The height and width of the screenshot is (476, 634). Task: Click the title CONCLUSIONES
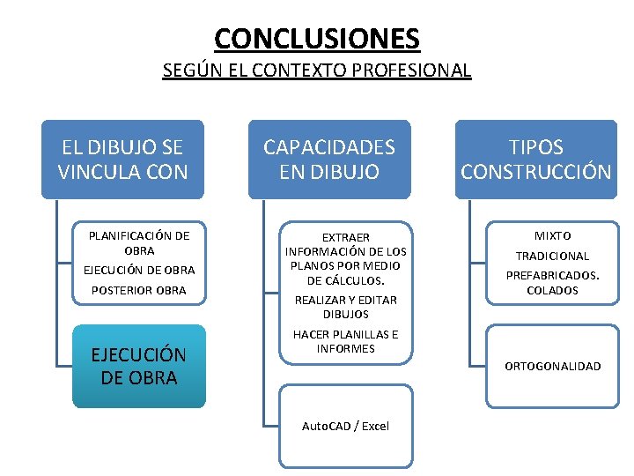pos(317,39)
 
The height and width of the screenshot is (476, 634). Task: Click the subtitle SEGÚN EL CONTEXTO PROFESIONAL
pos(317,70)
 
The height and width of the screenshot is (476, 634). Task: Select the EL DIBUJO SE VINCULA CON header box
pos(123,160)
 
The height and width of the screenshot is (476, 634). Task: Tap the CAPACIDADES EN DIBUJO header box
pos(329,160)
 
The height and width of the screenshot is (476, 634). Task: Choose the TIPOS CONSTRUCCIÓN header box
pos(535,160)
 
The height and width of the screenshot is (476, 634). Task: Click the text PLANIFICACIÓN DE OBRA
pos(139,242)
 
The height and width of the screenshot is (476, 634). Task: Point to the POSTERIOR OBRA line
pos(139,290)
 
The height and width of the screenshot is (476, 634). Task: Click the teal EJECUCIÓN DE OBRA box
pos(139,366)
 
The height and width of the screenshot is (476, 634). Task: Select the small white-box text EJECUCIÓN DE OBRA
pos(139,270)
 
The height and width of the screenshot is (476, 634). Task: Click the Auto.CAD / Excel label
pos(345,426)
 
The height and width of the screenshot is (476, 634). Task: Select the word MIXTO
pos(553,235)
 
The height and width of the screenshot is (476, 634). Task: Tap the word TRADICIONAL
pos(552,256)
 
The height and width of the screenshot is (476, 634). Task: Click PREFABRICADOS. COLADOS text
pos(552,282)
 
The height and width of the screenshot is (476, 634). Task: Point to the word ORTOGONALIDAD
pos(552,366)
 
